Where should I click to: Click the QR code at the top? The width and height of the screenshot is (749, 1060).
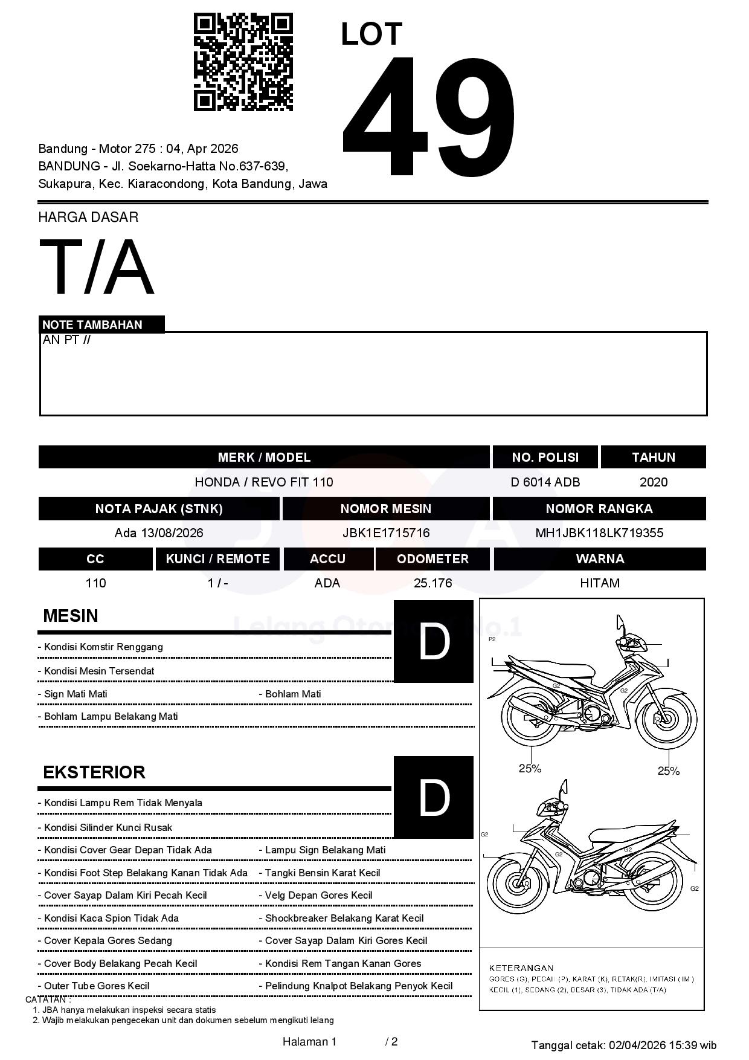coord(243,62)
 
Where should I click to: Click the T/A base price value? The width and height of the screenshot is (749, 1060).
coord(97,267)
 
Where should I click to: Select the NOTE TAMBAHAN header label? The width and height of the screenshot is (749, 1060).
coord(92,325)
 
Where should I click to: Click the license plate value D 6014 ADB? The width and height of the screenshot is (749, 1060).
coord(545,482)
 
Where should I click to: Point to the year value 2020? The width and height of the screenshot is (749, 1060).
coord(653,482)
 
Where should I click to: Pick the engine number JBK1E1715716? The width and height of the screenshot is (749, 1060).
coord(386,532)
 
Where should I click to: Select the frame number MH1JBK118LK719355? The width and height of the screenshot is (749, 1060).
coord(599,532)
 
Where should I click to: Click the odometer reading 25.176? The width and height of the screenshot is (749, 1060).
coord(432,583)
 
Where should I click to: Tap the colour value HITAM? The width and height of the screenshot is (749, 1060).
coord(599,583)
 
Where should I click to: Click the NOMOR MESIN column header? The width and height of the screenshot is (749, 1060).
coord(386,508)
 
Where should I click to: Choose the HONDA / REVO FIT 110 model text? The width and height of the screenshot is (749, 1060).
coord(264,482)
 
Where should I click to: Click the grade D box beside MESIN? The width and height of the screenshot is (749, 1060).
coord(433,641)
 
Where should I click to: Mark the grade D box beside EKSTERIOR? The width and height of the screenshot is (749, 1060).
coord(433,797)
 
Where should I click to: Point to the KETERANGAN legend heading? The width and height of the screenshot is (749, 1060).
coord(521,968)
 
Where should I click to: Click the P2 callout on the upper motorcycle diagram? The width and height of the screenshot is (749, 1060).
coord(492,639)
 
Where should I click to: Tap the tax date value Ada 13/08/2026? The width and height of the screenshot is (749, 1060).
coord(159,532)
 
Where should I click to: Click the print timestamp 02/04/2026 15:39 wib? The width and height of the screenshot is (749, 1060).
coord(662,1045)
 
